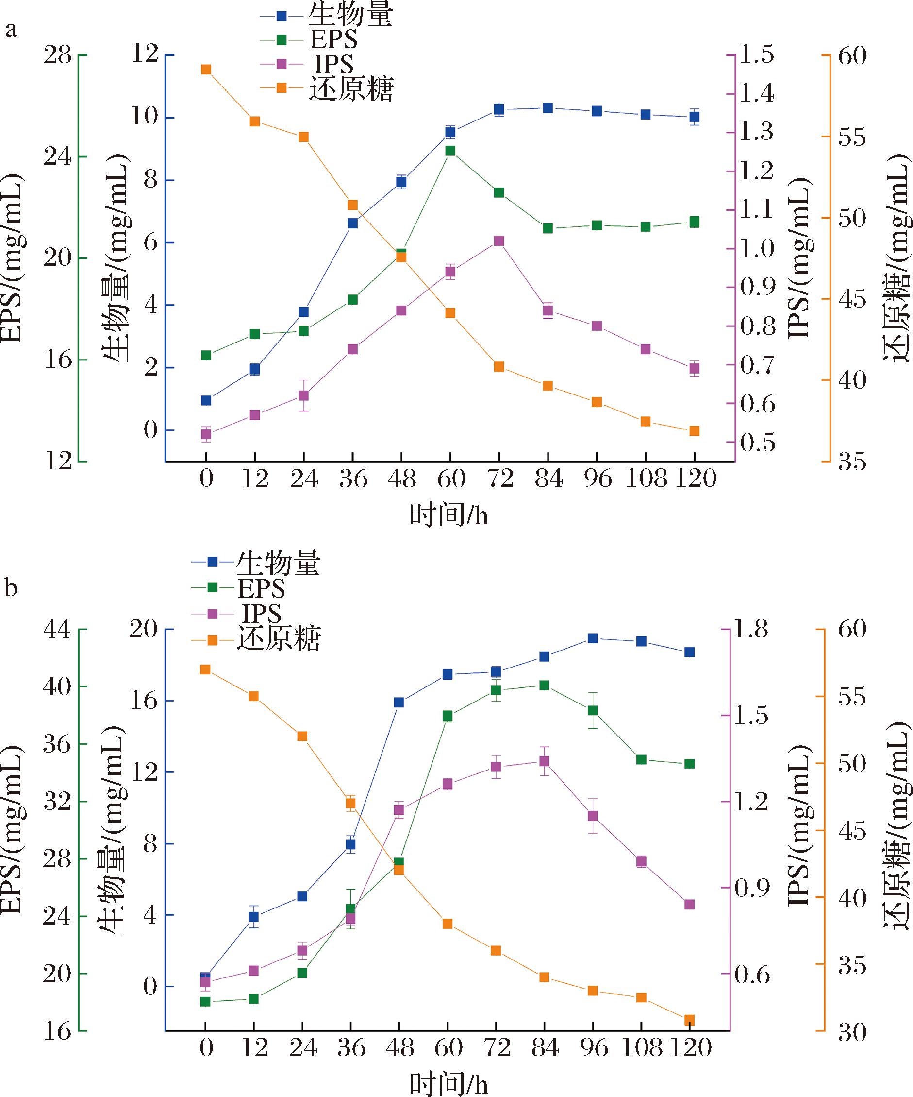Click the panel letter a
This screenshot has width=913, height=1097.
(11, 31)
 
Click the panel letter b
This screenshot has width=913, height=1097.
(11, 588)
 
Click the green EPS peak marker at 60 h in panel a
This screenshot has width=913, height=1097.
(450, 151)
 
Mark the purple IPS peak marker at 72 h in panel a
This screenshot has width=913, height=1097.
(499, 241)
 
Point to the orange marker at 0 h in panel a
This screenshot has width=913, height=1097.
(206, 69)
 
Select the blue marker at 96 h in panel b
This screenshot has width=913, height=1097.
(593, 638)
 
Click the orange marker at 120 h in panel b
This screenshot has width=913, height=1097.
(690, 1020)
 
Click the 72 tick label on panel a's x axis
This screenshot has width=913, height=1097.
(499, 478)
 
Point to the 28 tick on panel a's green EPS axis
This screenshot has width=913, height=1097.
(57, 55)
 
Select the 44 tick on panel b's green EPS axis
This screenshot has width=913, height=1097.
(57, 630)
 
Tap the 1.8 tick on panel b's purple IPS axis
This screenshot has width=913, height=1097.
(752, 630)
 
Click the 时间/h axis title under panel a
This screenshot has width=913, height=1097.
(449, 516)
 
